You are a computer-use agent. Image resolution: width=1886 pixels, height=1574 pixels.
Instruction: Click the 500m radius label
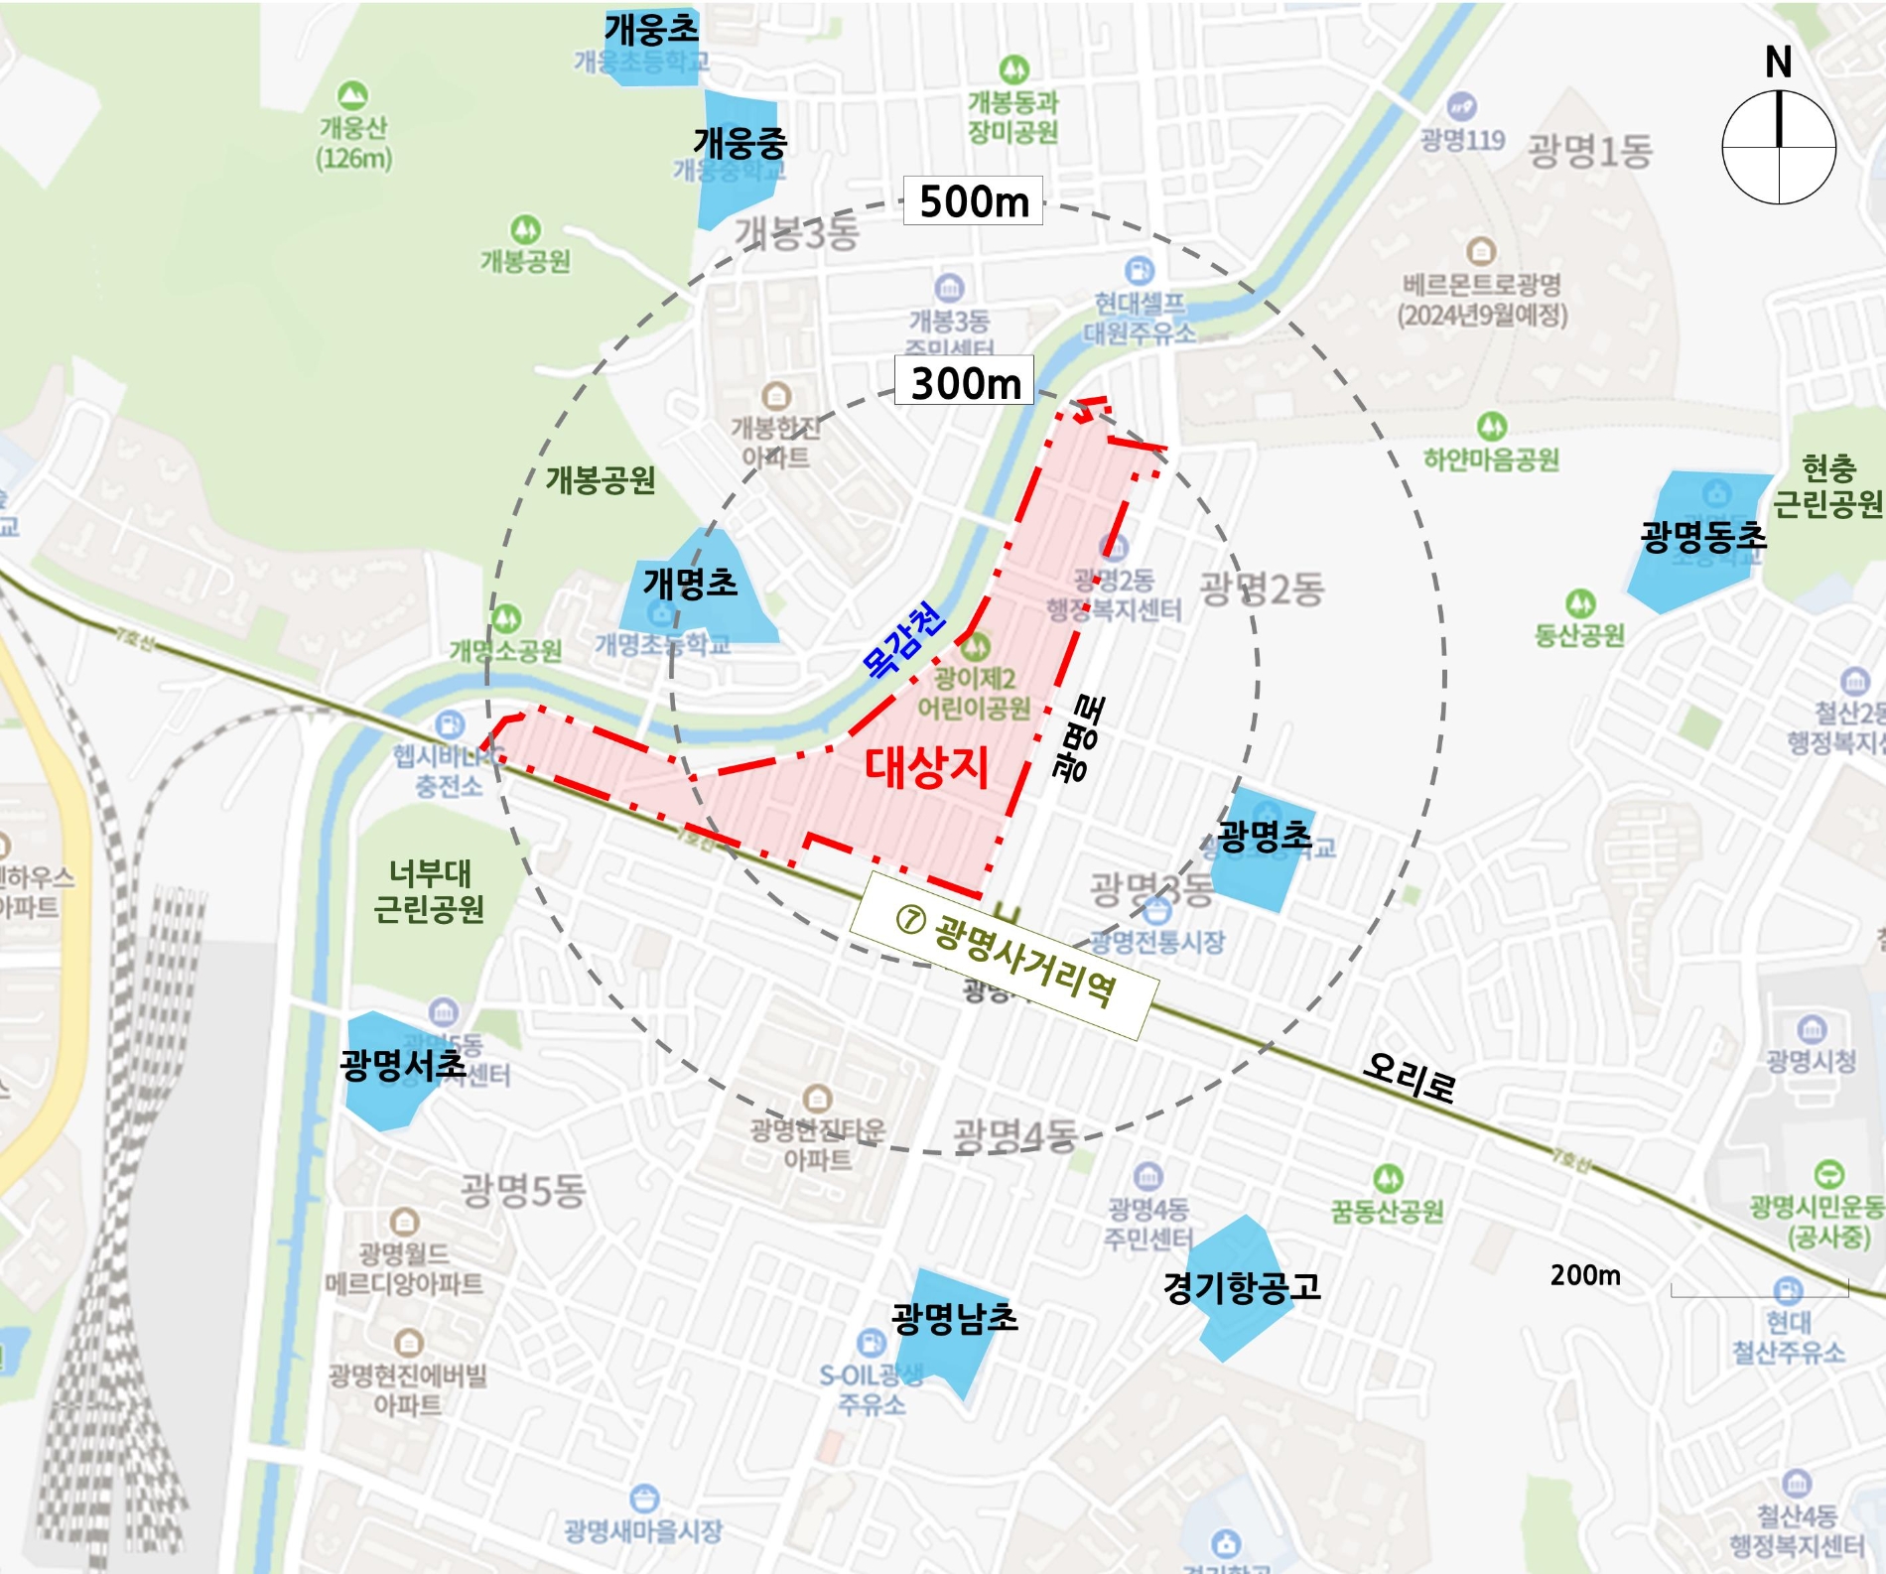pos(973,201)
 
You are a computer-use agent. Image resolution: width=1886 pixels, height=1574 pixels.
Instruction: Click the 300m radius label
pos(965,382)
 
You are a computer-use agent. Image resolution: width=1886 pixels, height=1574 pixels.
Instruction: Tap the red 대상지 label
pos(927,766)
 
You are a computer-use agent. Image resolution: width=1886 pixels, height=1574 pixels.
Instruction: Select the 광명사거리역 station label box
pos(1005,956)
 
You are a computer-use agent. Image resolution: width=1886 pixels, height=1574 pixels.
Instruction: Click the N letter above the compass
pos(1778,63)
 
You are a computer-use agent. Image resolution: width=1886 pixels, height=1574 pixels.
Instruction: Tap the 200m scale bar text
pos(1585,1275)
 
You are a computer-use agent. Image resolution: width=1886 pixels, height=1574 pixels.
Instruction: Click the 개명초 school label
pos(690,582)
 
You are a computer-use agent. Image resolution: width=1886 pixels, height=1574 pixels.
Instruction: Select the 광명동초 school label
pos(1703,537)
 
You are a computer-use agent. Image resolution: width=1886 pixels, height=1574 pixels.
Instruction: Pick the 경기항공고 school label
pos(1242,1287)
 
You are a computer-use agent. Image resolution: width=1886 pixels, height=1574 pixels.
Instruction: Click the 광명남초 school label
pos(954,1318)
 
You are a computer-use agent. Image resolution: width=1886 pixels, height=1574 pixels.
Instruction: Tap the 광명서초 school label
pos(402,1065)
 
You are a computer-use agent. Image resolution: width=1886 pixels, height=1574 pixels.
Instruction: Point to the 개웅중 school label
pos(740,143)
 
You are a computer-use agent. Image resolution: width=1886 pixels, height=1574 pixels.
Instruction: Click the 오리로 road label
pos(1409,1077)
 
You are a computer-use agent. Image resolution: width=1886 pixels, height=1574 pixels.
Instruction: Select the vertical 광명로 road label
pos(1079,739)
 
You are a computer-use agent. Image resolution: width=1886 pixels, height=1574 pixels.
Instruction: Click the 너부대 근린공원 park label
pos(429,891)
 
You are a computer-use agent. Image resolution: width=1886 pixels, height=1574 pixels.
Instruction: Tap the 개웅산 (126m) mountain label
pos(353,142)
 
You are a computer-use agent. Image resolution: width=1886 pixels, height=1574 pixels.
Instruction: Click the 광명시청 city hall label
pos(1811,1061)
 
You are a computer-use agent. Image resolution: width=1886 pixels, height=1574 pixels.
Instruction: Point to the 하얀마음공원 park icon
pos(1491,427)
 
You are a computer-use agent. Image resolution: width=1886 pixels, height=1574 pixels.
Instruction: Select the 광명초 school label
pos(1264,837)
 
